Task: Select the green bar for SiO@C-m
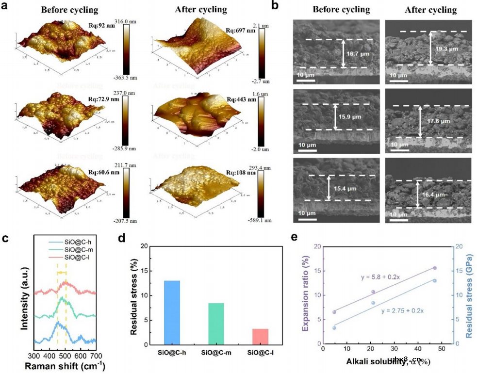point(216,324)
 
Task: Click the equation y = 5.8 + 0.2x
point(380,277)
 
